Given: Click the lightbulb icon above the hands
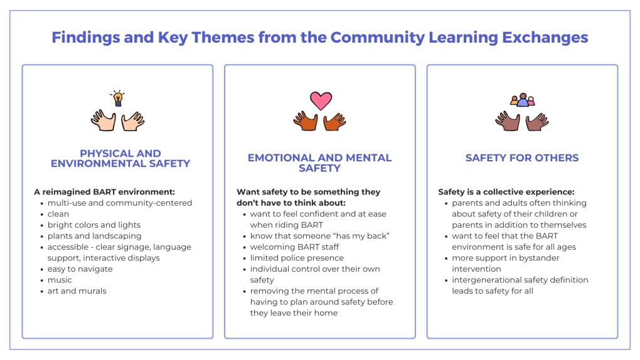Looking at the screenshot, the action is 117,98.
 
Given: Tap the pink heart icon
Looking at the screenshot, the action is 321,100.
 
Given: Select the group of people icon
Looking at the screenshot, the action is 523,100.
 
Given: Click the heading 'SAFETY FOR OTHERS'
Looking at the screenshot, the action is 522,158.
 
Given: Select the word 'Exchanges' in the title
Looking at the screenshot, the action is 545,38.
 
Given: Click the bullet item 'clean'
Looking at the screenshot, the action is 58,214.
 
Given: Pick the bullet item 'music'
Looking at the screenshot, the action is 60,280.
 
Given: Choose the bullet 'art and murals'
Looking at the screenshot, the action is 77,291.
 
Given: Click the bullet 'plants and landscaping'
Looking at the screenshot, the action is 94,236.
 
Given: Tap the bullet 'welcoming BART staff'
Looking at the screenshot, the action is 295,247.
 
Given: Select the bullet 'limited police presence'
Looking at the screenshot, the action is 297,258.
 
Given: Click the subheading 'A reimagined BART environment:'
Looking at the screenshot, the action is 105,192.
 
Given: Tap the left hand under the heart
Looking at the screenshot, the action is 306,121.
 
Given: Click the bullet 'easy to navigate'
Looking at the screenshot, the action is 80,269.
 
